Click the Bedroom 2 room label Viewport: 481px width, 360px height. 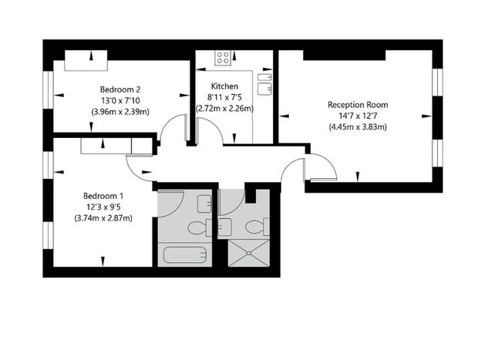click(x=120, y=89)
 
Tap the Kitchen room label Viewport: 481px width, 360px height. click(x=224, y=86)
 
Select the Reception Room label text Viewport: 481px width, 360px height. click(x=358, y=105)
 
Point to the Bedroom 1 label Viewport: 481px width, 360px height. click(x=103, y=196)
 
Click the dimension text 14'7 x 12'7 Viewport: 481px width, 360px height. click(x=358, y=116)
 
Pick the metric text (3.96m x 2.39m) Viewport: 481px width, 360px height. click(x=120, y=112)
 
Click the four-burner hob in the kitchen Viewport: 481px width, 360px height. click(x=223, y=58)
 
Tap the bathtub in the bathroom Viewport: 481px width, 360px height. click(x=185, y=255)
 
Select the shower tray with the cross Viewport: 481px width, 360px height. click(x=249, y=253)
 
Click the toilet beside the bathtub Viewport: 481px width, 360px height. click(x=200, y=228)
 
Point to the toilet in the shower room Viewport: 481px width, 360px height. click(x=257, y=227)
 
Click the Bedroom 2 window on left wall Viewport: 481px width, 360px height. click(x=48, y=90)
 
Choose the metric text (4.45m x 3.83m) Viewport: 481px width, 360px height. click(x=358, y=127)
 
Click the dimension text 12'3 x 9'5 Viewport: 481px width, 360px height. click(x=103, y=207)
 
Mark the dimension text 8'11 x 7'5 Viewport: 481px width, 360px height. click(x=224, y=98)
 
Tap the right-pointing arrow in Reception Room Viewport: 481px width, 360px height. click(x=426, y=116)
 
